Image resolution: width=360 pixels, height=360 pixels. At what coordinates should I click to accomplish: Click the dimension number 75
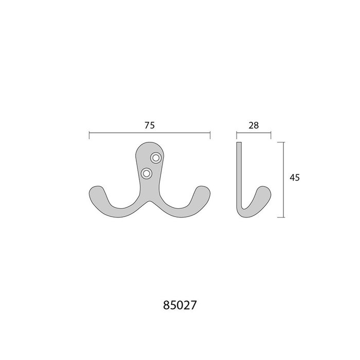[x=150, y=125]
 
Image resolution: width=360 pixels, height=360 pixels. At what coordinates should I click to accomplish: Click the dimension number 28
[x=254, y=125]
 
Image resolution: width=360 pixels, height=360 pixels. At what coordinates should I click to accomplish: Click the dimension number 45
[x=295, y=177]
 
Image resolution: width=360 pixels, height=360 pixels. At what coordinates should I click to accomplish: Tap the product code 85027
[x=180, y=305]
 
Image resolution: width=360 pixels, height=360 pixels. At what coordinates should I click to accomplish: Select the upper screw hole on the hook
[x=156, y=158]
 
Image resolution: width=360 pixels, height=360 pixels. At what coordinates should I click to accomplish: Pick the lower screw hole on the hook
[x=146, y=173]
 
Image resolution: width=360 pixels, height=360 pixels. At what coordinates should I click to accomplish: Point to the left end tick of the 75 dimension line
[x=89, y=135]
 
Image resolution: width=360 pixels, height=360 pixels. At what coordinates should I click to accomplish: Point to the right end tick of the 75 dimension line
[x=210, y=135]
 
